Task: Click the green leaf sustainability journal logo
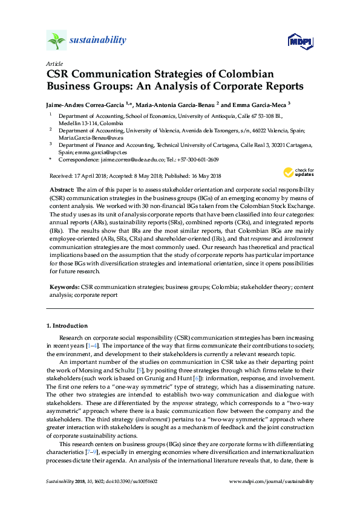[x=56, y=41]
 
